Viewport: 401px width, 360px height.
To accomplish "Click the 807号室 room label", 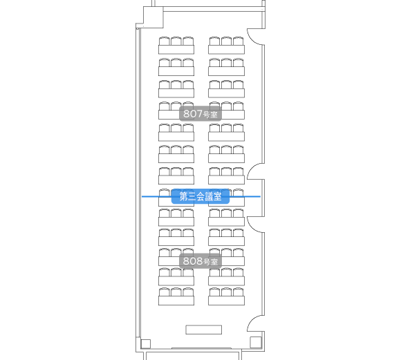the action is tap(200, 114).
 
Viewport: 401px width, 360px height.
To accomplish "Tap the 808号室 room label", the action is tap(200, 261).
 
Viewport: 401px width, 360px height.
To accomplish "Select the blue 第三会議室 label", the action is tap(200, 196).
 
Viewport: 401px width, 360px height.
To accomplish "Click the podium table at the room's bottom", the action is tap(203, 330).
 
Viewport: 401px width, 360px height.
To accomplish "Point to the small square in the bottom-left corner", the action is tap(146, 343).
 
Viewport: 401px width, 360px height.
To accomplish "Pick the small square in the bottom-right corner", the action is tap(256, 342).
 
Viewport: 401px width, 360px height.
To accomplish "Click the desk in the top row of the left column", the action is tap(176, 50).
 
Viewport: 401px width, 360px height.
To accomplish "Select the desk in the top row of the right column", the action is tap(226, 50).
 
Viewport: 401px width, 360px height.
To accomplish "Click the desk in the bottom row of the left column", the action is tap(176, 301).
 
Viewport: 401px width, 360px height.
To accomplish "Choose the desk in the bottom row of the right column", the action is tap(226, 301).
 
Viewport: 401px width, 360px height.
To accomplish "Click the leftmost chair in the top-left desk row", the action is tap(164, 41).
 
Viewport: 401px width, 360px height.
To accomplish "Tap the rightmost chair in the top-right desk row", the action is tap(238, 41).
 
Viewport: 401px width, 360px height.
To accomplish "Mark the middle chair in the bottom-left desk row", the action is tap(176, 292).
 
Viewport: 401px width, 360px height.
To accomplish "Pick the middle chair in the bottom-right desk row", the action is tap(226, 292).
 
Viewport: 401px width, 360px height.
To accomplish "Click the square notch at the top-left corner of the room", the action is tap(153, 17).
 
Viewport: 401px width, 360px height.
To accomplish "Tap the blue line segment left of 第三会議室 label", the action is tap(156, 197).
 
